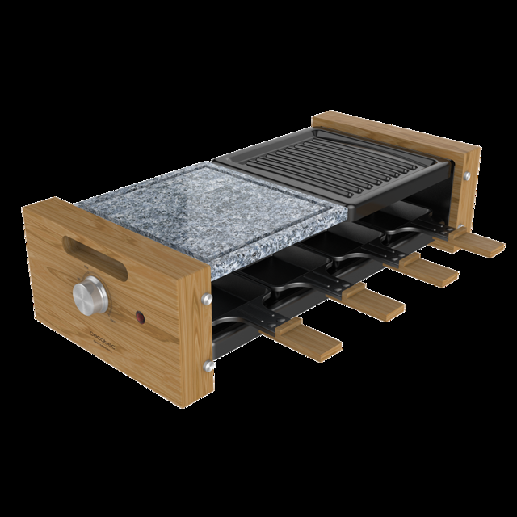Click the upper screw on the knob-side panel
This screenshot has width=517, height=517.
[x=208, y=299]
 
